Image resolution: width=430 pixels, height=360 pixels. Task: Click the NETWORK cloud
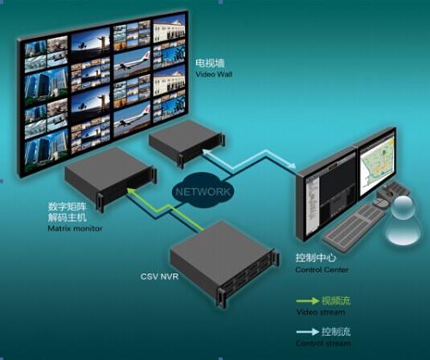(x=203, y=192)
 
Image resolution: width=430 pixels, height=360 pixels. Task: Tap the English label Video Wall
(x=214, y=75)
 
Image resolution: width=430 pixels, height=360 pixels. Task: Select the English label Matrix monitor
(x=75, y=229)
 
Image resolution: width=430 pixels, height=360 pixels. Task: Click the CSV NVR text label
(x=159, y=277)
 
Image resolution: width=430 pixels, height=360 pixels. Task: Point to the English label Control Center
(x=322, y=270)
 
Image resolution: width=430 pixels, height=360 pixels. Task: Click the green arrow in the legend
(x=308, y=301)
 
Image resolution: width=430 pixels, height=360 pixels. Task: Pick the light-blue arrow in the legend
(x=308, y=332)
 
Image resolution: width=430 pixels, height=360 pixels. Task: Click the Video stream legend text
(x=321, y=312)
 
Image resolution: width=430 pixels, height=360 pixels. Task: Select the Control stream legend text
(x=323, y=343)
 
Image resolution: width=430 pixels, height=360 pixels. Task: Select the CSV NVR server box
(x=224, y=262)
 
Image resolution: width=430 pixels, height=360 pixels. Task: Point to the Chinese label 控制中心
(x=316, y=258)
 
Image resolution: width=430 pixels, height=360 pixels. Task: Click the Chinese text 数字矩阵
(x=67, y=206)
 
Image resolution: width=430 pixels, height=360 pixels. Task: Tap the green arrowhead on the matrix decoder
(x=131, y=191)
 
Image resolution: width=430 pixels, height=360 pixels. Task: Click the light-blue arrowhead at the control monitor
(x=292, y=165)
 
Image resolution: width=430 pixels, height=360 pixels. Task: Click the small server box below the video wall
(x=187, y=143)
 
